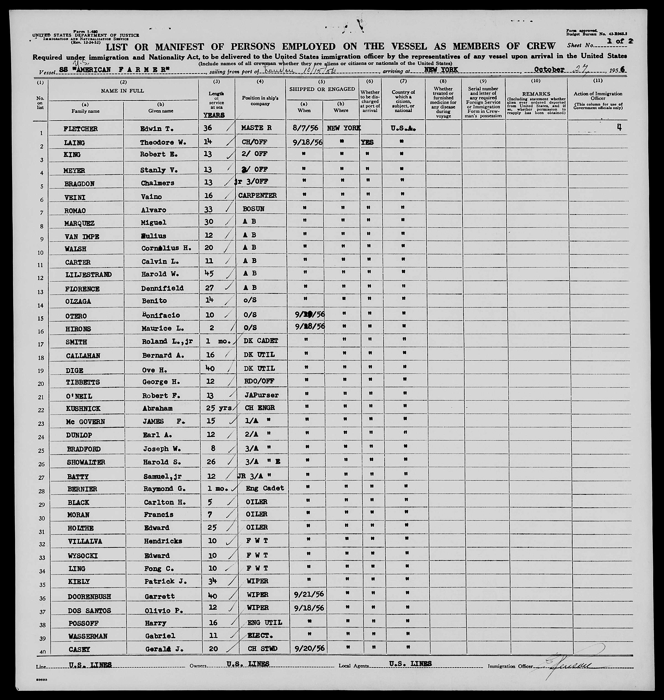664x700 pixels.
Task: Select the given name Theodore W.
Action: pyautogui.click(x=158, y=143)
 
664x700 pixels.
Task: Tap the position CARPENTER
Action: pyautogui.click(x=257, y=195)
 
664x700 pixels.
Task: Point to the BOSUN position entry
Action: pyautogui.click(x=253, y=209)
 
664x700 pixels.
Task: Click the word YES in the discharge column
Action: pyautogui.click(x=367, y=142)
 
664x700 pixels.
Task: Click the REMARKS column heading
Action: pyautogui.click(x=536, y=94)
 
